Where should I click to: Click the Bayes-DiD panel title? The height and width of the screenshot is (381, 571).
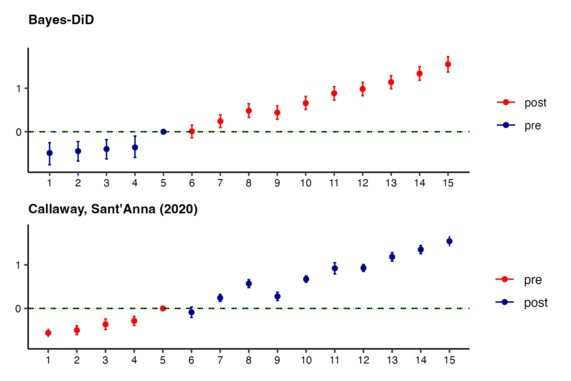tap(61, 20)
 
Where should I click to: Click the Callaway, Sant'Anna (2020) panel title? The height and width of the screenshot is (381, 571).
tap(113, 209)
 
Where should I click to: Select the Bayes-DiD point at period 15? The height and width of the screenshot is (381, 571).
tap(448, 64)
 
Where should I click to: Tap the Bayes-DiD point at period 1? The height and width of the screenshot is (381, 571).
tap(49, 153)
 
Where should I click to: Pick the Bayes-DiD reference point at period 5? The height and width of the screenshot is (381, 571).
tap(163, 132)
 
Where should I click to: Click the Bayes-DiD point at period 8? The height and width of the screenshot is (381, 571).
tap(249, 111)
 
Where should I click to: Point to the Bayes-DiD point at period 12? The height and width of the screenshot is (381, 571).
tap(363, 89)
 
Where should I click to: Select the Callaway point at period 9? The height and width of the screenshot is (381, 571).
tap(277, 297)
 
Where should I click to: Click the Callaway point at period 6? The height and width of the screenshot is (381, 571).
tap(191, 312)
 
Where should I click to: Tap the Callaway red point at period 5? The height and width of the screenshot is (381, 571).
tap(163, 308)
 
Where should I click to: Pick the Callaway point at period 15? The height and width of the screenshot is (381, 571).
tap(449, 241)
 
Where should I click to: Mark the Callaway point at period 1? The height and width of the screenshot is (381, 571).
tap(48, 333)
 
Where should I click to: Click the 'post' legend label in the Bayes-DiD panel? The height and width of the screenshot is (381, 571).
tap(535, 103)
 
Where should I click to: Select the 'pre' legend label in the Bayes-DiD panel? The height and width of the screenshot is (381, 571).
tap(533, 126)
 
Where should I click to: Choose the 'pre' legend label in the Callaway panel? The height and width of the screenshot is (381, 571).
tap(533, 280)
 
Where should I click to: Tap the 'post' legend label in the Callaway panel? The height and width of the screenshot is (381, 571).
tap(535, 303)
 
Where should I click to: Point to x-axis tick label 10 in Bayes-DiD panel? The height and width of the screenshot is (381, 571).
tap(306, 183)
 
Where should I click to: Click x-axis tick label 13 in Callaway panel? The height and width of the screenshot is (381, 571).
tap(392, 360)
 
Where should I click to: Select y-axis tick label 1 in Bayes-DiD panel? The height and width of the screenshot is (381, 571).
tap(19, 89)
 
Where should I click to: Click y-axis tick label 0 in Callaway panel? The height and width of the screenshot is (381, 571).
tap(18, 309)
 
